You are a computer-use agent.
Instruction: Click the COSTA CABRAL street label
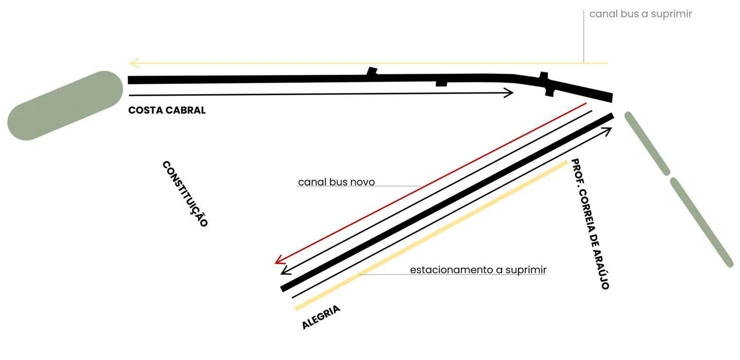(166, 110)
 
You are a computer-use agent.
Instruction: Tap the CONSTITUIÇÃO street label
(185, 194)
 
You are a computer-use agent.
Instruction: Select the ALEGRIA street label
(321, 317)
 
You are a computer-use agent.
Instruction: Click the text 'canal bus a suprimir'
(640, 14)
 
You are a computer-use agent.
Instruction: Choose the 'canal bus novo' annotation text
(336, 182)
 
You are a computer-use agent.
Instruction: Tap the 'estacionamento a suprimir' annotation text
(478, 270)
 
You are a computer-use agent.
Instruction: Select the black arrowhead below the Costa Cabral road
(509, 92)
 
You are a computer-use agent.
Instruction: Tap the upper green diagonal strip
(647, 143)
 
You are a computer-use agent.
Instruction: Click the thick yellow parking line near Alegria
(432, 236)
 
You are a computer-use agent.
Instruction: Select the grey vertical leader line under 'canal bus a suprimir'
(584, 36)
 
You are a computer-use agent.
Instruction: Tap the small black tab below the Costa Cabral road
(441, 83)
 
